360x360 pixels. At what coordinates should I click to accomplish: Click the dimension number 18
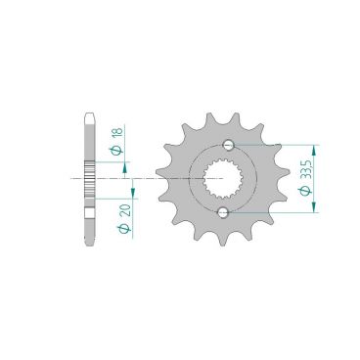tap(118, 132)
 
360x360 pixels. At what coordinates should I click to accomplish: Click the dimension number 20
tap(126, 210)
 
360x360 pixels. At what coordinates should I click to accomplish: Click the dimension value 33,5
tap(306, 169)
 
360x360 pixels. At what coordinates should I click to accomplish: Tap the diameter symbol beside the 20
tap(124, 229)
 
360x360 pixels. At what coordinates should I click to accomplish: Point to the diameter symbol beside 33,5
tap(305, 191)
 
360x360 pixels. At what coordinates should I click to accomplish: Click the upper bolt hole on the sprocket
tap(228, 145)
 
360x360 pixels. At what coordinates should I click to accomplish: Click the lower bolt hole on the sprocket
tap(223, 212)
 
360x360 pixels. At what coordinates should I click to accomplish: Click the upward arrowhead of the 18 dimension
tap(124, 169)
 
